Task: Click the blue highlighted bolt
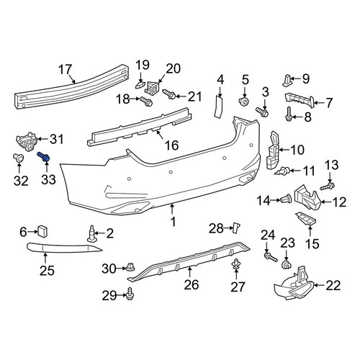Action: coord(44,156)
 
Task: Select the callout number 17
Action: coord(66,70)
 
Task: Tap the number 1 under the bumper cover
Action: coord(173,222)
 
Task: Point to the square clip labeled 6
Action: coord(42,230)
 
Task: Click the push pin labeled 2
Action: coord(91,233)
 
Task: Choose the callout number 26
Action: coord(192,284)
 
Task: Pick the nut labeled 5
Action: coord(244,102)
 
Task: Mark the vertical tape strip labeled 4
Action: coord(218,107)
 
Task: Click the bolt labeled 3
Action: coord(262,112)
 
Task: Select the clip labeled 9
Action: coord(287,81)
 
